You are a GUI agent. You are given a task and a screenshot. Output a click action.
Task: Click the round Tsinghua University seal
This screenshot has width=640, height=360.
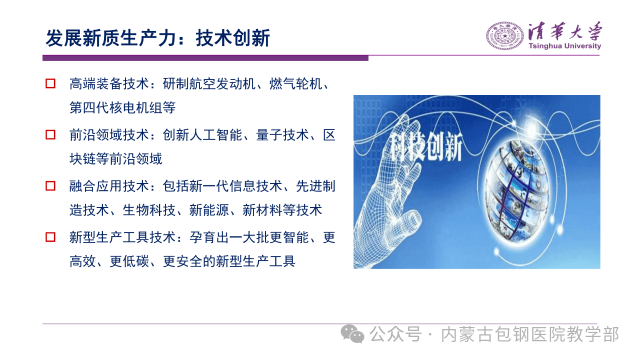click(x=505, y=36)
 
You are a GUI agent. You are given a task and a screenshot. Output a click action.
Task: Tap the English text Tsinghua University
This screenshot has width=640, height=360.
click(x=565, y=46)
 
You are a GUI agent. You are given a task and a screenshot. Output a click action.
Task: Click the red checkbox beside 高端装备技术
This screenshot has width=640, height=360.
click(x=50, y=83)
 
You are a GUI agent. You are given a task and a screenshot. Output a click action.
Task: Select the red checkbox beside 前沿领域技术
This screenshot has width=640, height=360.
click(x=50, y=134)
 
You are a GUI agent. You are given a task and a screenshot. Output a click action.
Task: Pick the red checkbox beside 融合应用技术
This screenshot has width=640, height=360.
click(x=50, y=186)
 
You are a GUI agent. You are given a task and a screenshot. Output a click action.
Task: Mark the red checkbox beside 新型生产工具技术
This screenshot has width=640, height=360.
click(x=50, y=237)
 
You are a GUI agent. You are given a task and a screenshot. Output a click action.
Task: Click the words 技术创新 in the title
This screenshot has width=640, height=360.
click(x=233, y=38)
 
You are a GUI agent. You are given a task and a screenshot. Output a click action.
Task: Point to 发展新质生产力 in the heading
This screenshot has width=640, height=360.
click(x=110, y=38)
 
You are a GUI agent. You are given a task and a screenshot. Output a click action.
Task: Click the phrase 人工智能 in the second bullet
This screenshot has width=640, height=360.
click(x=215, y=135)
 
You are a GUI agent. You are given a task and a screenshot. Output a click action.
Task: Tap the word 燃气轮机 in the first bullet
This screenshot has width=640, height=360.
click(x=295, y=84)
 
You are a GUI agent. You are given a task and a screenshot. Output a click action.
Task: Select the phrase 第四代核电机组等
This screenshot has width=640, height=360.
click(x=122, y=108)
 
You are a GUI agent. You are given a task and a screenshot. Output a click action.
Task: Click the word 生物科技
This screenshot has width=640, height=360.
click(x=149, y=210)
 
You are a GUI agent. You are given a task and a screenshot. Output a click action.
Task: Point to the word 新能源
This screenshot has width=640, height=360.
click(x=209, y=210)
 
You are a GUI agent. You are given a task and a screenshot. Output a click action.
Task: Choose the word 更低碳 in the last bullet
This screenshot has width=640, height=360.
click(x=129, y=261)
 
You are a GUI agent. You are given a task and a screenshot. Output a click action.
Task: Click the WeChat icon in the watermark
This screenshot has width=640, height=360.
click(x=352, y=334)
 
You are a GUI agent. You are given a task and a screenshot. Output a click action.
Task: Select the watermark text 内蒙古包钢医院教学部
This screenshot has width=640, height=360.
click(x=530, y=334)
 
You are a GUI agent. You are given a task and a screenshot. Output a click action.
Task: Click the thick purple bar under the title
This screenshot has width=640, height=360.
click(x=205, y=58)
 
